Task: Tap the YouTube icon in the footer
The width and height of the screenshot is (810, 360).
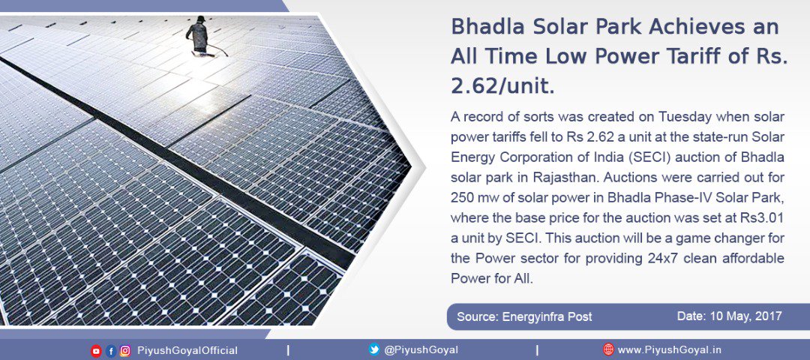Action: [x=96, y=351]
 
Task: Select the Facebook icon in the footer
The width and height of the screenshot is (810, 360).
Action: [x=110, y=351]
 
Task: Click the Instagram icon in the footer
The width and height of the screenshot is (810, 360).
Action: [x=125, y=351]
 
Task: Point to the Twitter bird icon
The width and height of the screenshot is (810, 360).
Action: [x=374, y=349]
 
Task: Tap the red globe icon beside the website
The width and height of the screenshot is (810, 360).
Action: [x=608, y=349]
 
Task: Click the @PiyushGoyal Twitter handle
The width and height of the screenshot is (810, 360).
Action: [x=421, y=350]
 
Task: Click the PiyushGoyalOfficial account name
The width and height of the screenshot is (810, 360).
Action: [x=187, y=351]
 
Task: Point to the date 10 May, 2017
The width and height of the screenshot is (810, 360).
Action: [x=730, y=316]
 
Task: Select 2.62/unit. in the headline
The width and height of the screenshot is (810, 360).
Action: [x=502, y=87]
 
